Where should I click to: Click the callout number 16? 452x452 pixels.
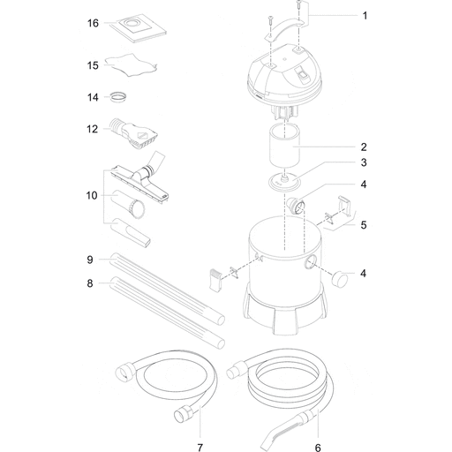[x=93, y=23]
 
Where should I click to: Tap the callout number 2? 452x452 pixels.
[x=364, y=147]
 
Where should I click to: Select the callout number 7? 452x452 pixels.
[x=200, y=448]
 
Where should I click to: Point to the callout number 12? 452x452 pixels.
[x=92, y=129]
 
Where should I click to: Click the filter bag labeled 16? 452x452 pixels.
[x=139, y=28]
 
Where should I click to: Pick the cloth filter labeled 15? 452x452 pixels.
[x=131, y=65]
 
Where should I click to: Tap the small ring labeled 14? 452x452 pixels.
[x=119, y=97]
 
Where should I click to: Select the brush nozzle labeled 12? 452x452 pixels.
[x=134, y=133]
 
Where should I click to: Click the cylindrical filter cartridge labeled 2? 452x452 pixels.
[x=284, y=146]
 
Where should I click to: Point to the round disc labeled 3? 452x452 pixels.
[x=284, y=182]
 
